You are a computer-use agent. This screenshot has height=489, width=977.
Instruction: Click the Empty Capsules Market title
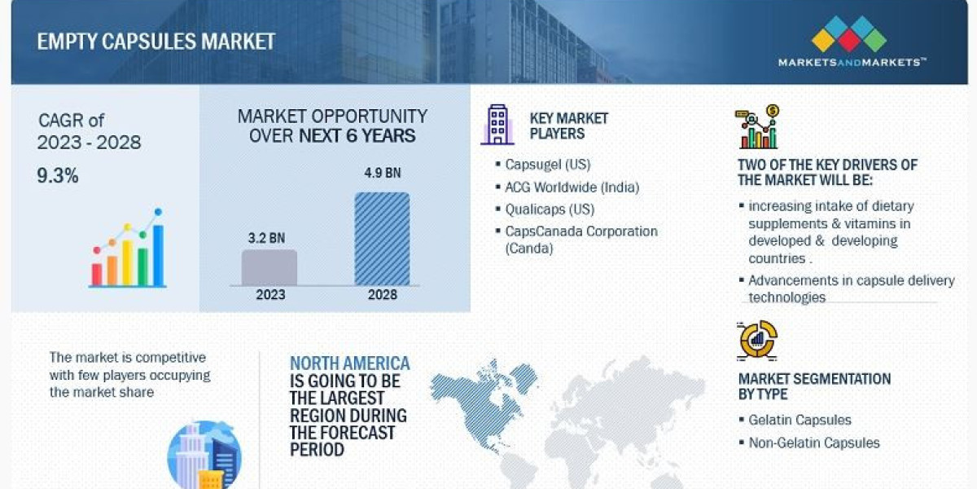point(156,42)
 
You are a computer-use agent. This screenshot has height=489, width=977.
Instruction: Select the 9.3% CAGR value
point(57,174)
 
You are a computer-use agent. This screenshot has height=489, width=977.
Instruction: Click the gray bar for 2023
point(269,267)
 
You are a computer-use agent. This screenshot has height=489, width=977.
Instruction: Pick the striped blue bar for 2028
point(382,239)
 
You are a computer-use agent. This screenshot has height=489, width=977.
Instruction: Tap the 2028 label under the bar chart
point(382,294)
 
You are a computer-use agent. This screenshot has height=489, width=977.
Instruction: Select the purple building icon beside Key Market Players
point(497,125)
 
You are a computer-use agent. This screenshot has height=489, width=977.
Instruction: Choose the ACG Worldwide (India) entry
point(572,187)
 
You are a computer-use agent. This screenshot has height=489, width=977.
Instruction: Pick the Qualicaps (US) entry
point(546,209)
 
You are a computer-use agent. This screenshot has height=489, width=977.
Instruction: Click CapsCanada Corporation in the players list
point(581,231)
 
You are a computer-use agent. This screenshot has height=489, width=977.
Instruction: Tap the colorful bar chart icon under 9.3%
point(128,250)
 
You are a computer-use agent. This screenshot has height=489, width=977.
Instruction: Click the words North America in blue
point(350,363)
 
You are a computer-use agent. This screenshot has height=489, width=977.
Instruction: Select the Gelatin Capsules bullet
point(800,421)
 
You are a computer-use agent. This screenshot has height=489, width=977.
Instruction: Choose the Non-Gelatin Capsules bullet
point(813,443)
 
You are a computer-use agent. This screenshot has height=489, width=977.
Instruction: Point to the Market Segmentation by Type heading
point(813,386)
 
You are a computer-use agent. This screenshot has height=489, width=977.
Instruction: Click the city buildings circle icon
point(204,456)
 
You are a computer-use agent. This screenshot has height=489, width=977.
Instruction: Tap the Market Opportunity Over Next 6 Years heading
point(332,126)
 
